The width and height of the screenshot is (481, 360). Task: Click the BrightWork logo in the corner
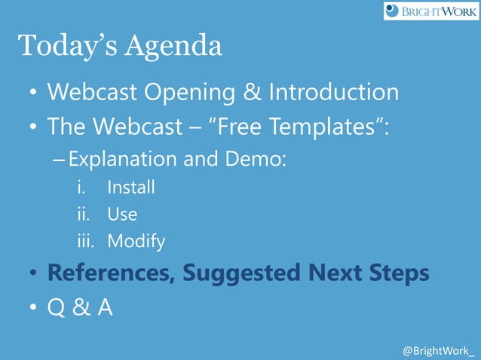tap(430, 11)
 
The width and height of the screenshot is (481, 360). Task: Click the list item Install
tap(130, 187)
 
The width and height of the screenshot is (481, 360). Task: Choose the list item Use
tap(122, 214)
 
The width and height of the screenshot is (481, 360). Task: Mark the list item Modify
tap(136, 242)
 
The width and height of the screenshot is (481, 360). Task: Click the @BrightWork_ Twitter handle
tap(439, 351)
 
